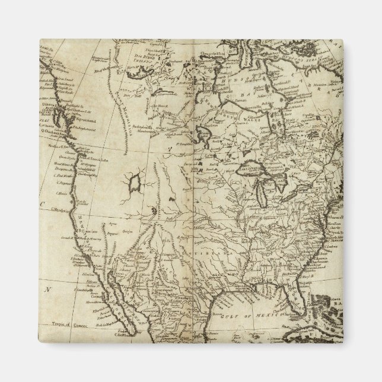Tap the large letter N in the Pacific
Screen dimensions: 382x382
click(50, 290)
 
